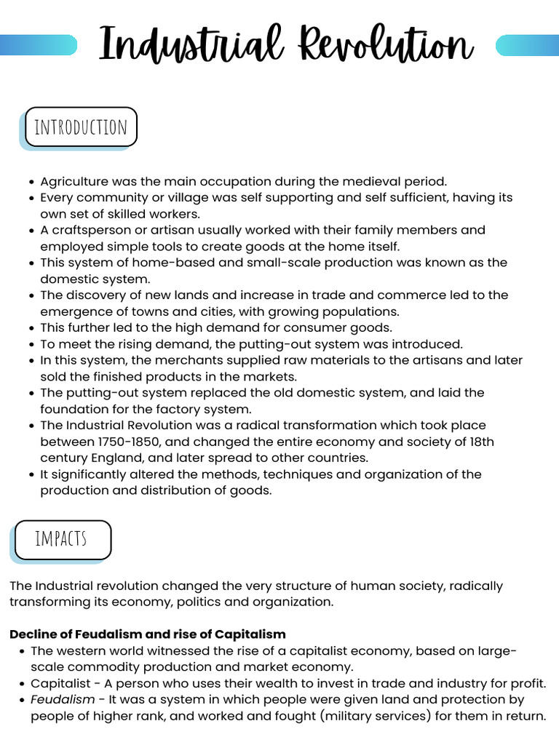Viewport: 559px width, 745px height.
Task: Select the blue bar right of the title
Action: (x=526, y=45)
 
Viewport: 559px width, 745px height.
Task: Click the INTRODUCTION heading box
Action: (x=81, y=127)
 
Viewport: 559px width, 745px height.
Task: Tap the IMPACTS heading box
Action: (x=63, y=539)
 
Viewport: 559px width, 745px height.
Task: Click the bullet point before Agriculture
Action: (x=31, y=182)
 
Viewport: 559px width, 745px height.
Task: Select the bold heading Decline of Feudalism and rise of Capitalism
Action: (x=148, y=634)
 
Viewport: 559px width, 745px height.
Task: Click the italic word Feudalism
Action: (x=63, y=699)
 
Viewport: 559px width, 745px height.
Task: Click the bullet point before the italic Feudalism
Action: (x=21, y=700)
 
